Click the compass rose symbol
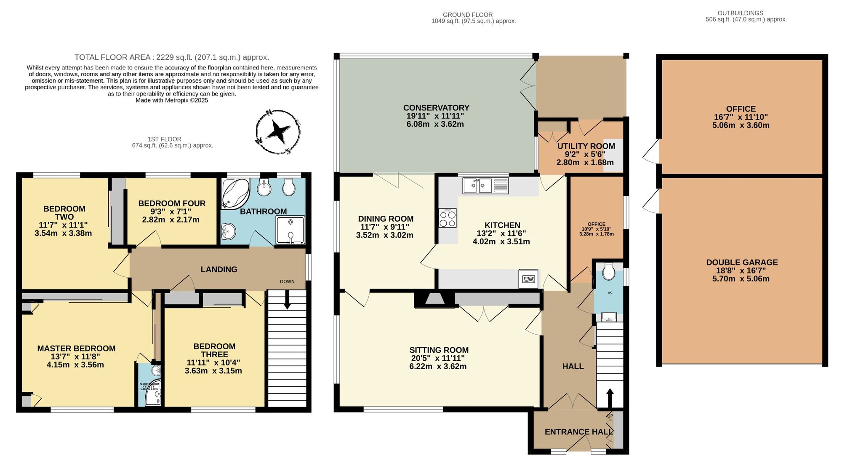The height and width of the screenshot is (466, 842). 278,132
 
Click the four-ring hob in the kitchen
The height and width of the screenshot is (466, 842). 447,218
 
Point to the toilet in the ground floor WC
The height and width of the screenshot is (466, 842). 608,272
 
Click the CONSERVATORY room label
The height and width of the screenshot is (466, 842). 436,108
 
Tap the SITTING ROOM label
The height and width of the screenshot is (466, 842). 439,350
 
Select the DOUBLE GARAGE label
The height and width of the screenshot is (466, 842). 742,262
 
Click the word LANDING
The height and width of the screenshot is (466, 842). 218,270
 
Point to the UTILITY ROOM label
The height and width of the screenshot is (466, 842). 586,146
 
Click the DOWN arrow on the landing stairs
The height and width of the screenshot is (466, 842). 287,302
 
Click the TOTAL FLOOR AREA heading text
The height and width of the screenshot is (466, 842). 172,57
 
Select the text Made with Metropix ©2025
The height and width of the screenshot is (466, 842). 172,101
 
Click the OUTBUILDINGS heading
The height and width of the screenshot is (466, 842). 746,13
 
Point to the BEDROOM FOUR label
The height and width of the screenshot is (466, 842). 172,204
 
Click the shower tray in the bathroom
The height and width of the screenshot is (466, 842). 290,230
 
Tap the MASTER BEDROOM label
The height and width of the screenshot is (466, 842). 76,349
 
